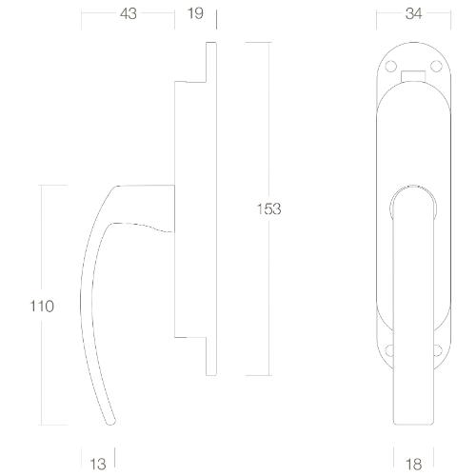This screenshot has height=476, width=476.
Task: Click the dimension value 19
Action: [x=195, y=14]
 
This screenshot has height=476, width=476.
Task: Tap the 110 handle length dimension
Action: [x=41, y=306]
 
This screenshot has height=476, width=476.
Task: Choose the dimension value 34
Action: [x=413, y=14]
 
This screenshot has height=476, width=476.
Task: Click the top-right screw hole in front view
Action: [x=436, y=67]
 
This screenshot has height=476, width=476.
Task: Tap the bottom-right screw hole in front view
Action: [x=436, y=349]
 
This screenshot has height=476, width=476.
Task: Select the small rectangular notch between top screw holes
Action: [x=413, y=74]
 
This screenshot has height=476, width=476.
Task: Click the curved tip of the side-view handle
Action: [x=110, y=419]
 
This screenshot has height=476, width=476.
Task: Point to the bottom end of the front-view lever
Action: [x=412, y=419]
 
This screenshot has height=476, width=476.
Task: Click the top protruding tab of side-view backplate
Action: [x=211, y=63]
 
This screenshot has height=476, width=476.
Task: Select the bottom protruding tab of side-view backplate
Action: [x=211, y=356]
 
